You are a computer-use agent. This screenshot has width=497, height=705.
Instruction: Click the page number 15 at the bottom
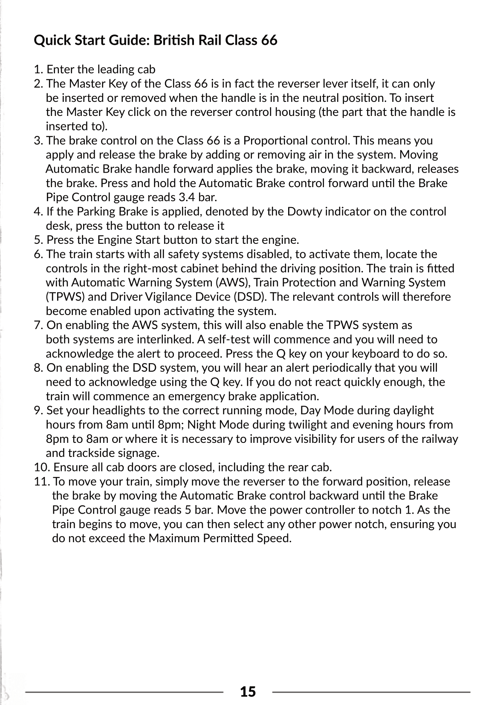248,691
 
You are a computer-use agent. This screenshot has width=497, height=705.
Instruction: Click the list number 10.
41,468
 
